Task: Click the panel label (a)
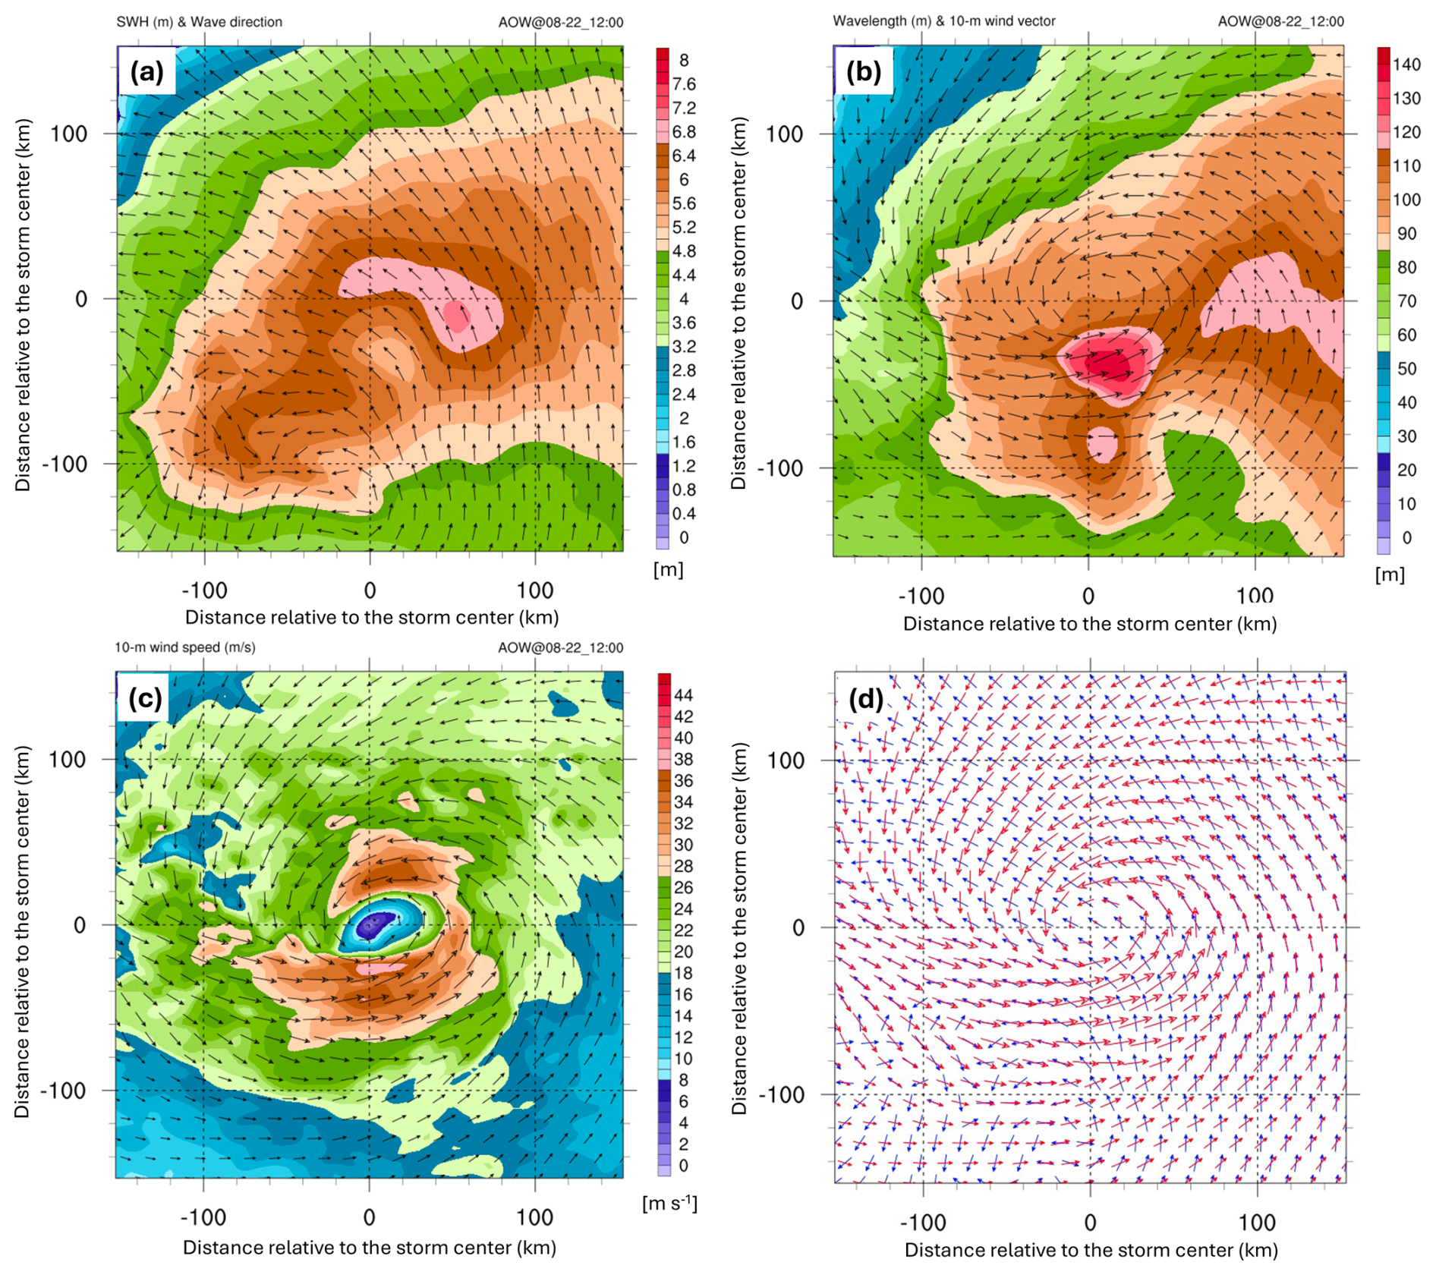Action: [x=146, y=72]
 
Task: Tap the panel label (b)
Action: [x=864, y=72]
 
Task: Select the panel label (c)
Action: [x=145, y=697]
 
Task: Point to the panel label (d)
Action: [x=864, y=699]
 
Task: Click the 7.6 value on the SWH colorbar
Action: [x=683, y=84]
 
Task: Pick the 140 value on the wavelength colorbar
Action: [x=1406, y=65]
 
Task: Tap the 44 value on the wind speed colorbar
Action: [x=683, y=695]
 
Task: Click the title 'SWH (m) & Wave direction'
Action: [x=199, y=22]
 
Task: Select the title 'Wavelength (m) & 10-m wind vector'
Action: [x=943, y=21]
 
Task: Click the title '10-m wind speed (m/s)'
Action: [x=184, y=647]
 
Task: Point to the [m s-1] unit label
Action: [x=669, y=1204]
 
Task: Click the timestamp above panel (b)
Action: [x=1280, y=21]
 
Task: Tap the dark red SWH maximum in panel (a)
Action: [x=457, y=315]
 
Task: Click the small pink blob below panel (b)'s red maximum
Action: [x=1101, y=444]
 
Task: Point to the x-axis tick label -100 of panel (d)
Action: [x=922, y=1223]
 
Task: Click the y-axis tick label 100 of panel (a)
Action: [x=69, y=134]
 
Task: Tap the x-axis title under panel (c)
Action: [x=370, y=1248]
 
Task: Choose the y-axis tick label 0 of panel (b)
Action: [x=796, y=301]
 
